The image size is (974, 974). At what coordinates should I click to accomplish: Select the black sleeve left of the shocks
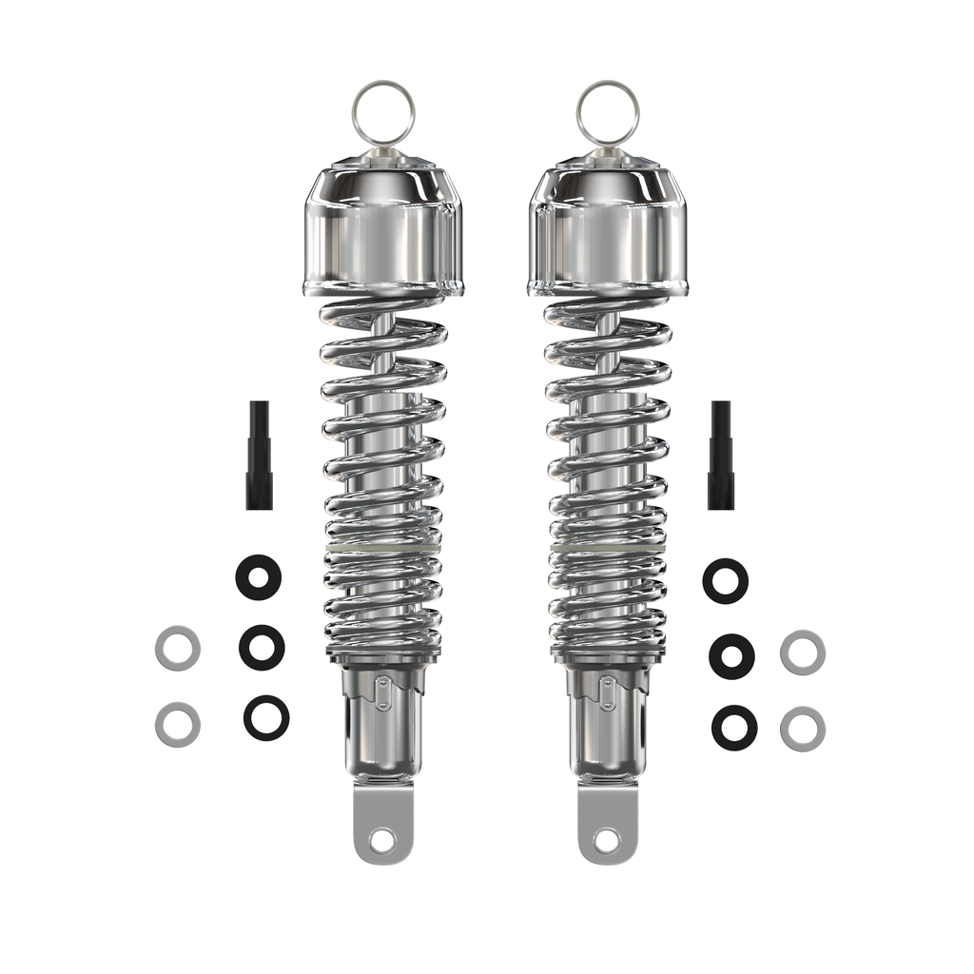click(x=259, y=455)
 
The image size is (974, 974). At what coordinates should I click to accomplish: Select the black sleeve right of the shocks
click(x=720, y=455)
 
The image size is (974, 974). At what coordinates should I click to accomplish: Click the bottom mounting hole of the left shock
click(x=382, y=840)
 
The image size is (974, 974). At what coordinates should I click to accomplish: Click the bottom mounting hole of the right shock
click(x=607, y=840)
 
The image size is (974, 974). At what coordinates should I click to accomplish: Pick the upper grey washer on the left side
click(x=178, y=649)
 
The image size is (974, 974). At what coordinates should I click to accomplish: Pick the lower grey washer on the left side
click(x=178, y=724)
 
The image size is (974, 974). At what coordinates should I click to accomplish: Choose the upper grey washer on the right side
click(x=802, y=653)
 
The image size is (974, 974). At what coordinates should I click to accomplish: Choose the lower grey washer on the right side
click(x=802, y=729)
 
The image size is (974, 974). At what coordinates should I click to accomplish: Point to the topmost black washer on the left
click(x=259, y=575)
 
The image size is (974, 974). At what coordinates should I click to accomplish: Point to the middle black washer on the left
click(x=262, y=647)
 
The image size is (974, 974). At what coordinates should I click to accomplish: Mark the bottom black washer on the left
click(x=266, y=717)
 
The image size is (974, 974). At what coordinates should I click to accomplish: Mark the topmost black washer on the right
click(x=725, y=580)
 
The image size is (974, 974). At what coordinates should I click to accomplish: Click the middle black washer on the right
click(x=731, y=655)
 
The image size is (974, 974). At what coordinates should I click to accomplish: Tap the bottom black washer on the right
click(x=734, y=727)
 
